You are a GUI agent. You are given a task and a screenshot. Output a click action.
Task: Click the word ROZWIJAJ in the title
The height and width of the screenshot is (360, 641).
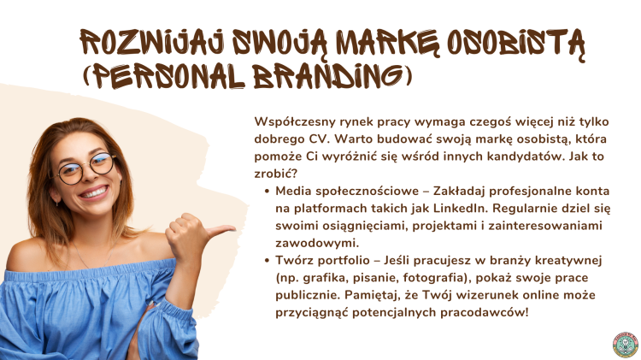click(151, 42)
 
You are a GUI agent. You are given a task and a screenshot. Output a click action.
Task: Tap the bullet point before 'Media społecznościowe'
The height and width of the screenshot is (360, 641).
click(267, 191)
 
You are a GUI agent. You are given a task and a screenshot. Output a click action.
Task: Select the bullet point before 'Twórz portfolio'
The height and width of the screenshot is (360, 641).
click(267, 260)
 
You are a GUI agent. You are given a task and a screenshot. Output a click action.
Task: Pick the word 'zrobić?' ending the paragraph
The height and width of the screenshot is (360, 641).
click(275, 174)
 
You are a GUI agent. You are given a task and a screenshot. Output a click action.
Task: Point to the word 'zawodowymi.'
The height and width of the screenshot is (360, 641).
click(317, 243)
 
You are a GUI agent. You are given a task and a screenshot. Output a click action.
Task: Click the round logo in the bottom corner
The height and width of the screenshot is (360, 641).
click(626, 345)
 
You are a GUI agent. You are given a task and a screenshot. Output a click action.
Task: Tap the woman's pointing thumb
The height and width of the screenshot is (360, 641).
click(221, 230)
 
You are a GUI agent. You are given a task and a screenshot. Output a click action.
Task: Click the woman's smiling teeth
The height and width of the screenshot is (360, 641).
click(94, 192)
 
